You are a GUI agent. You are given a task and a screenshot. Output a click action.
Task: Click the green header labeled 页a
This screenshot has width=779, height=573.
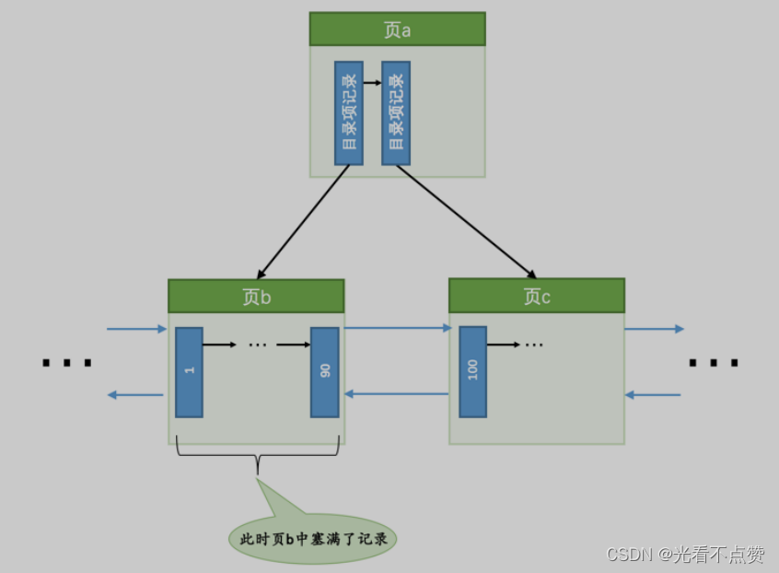397,29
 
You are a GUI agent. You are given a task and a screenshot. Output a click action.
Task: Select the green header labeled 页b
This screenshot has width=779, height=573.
256,297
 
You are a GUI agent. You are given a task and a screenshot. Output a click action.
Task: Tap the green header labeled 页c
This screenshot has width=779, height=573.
537,296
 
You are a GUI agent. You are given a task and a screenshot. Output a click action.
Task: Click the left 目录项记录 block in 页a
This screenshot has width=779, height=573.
349,113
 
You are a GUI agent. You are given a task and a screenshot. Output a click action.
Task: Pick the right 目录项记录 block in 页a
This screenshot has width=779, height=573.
396,113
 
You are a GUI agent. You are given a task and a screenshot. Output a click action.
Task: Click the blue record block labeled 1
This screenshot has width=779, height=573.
189,371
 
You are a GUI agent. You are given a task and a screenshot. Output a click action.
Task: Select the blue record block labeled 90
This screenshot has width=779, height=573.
325,371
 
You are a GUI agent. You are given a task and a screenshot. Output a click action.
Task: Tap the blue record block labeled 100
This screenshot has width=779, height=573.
473,371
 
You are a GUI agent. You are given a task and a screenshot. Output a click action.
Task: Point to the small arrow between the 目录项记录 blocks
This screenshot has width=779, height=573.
372,83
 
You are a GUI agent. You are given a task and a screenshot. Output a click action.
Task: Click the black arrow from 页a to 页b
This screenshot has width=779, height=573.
304,221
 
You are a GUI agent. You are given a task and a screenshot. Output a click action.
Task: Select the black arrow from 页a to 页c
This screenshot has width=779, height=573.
465,221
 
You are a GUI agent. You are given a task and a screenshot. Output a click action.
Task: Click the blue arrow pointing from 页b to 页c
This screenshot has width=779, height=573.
398,328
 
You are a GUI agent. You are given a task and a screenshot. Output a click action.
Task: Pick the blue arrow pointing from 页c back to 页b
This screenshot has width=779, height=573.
398,394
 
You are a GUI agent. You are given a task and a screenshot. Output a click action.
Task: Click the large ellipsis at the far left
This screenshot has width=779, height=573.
67,363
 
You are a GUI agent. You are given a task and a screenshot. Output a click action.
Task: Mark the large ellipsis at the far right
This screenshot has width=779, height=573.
714,363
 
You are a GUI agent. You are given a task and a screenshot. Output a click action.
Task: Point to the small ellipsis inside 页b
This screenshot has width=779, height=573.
257,345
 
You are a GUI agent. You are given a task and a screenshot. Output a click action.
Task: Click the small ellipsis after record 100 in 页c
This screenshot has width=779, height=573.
534,345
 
